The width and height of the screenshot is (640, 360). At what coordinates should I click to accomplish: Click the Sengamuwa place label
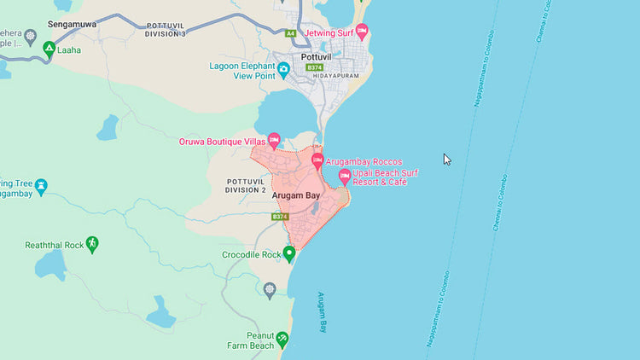[x=73, y=24]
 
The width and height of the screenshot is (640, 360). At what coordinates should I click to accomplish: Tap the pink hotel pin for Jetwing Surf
[x=362, y=32]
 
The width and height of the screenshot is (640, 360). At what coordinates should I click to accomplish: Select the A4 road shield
[x=290, y=33]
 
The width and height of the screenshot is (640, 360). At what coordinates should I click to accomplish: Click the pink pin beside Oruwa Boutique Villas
[x=274, y=140]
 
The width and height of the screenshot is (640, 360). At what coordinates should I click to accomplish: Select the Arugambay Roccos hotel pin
[x=317, y=160]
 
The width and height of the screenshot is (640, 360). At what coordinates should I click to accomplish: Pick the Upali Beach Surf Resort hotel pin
[x=345, y=177]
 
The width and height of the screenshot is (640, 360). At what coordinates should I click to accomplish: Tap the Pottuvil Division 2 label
[x=247, y=185]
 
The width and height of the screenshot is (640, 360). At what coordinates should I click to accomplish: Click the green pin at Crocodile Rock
[x=288, y=253]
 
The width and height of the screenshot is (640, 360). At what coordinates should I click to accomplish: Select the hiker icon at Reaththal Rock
[x=92, y=245]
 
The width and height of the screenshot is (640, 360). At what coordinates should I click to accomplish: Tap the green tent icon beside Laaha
[x=49, y=49]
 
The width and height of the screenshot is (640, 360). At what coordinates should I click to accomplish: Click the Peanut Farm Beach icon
[x=282, y=340]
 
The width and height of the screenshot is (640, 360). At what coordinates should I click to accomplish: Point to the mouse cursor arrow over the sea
[x=446, y=158]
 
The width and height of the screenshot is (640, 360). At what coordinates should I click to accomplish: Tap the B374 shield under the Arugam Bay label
[x=279, y=217]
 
